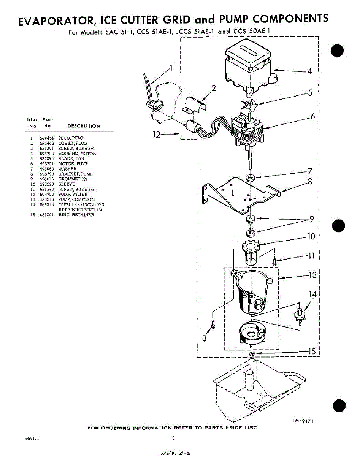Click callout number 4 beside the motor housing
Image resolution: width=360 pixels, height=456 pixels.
click(309, 71)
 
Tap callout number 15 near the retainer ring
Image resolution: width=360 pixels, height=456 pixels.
click(312, 351)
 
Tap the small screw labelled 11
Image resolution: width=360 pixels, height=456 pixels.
click(274, 262)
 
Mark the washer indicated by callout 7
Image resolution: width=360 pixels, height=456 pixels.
click(250, 177)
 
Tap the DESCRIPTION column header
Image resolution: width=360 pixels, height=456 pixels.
click(84, 126)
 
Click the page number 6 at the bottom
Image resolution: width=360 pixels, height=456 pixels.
click(173, 438)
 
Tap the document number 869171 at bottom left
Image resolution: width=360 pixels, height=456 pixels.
click(32, 438)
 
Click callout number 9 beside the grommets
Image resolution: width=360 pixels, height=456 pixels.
click(311, 219)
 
